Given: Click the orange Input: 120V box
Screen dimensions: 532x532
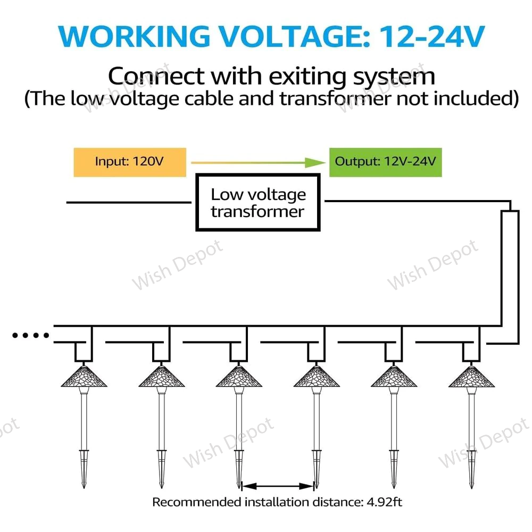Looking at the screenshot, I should (x=130, y=161).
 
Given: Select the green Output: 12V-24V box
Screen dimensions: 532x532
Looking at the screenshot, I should (x=385, y=161).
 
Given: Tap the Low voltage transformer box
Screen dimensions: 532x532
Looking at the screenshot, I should (x=258, y=202).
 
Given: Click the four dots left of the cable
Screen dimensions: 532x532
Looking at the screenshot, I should (x=31, y=335).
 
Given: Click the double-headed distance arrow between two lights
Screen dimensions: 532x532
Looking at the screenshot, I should (x=277, y=485).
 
